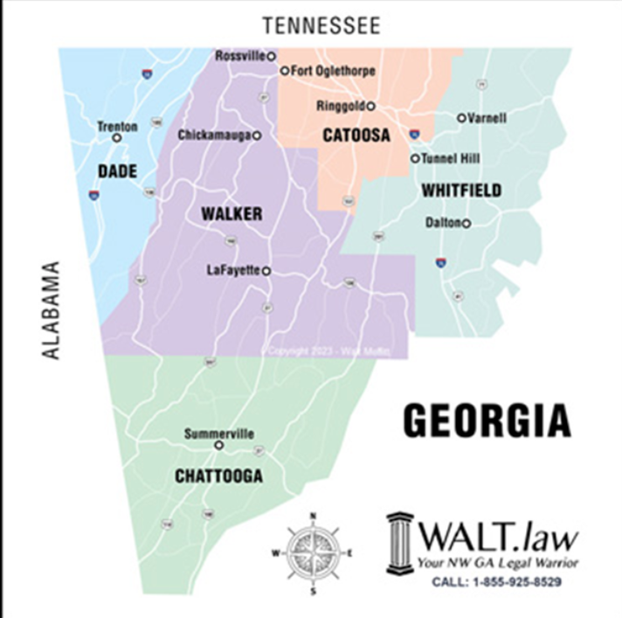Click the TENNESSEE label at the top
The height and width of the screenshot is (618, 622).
coord(325,25)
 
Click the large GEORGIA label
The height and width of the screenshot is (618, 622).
coord(487,421)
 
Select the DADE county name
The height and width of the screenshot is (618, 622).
coord(117,171)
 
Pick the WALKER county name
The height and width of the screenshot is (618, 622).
coord(232,214)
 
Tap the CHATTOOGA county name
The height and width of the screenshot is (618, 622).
coord(218,476)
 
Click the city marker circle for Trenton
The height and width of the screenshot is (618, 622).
coord(116,138)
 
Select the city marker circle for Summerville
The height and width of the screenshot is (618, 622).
coord(219,444)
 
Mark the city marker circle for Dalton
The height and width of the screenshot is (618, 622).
coord(466,223)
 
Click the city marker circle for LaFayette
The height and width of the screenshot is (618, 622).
coord(266,271)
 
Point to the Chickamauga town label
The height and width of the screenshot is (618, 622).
coord(214,135)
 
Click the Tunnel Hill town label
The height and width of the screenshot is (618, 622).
coord(450,159)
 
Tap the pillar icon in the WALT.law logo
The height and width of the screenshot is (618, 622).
coord(400,542)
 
